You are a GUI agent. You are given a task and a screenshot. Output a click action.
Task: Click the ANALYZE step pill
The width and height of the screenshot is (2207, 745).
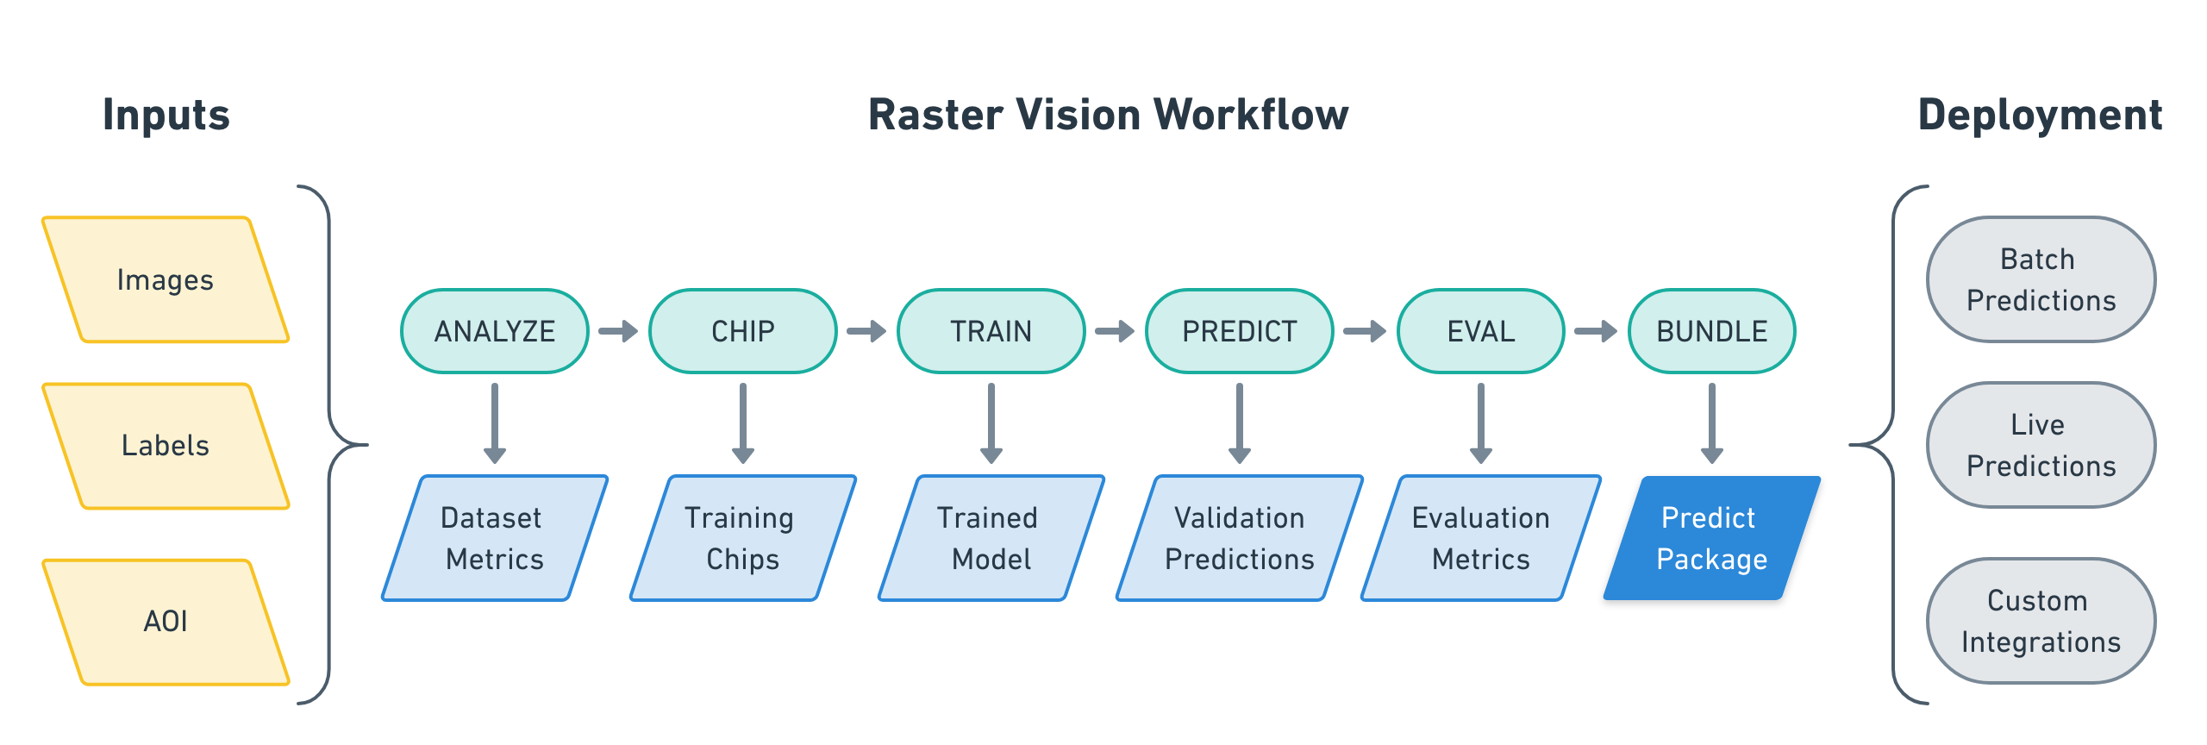pos(495,331)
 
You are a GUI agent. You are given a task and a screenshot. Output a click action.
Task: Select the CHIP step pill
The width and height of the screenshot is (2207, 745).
pos(742,331)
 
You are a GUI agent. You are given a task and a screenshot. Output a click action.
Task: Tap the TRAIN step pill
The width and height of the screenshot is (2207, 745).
pos(991,331)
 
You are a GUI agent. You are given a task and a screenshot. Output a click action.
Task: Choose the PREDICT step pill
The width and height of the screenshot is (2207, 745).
pos(1239,331)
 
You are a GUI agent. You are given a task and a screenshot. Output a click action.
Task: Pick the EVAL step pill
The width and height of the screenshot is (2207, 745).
pos(1480,331)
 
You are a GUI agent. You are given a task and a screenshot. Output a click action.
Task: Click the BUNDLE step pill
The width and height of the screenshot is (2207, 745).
pos(1711,331)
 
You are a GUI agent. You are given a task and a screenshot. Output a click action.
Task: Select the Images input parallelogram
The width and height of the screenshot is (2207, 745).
pos(165,280)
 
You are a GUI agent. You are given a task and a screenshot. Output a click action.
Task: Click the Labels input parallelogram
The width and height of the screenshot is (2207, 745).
pos(165,446)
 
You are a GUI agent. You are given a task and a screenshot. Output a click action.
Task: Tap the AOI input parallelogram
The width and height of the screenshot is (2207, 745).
pos(165,622)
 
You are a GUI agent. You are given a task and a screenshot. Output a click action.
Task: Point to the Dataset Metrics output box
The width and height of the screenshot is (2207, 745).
pos(494,538)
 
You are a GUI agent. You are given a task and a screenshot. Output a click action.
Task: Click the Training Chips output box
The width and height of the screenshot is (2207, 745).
pos(742,538)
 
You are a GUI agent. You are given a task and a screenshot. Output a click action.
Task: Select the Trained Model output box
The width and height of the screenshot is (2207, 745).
pos(991,538)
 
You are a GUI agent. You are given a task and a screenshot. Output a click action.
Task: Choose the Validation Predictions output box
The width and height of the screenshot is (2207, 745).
pos(1239,538)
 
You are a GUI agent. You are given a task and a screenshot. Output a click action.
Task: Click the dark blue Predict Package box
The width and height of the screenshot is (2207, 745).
pos(1711,538)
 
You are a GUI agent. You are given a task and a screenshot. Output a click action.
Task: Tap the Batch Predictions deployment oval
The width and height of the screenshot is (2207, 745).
pos(2041,279)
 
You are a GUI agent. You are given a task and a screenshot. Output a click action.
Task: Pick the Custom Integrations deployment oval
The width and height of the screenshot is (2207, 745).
pos(2041,621)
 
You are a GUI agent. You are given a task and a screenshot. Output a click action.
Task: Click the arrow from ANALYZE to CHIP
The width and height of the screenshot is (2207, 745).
pos(618,331)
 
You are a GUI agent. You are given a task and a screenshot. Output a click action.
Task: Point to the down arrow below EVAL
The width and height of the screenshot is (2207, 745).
pos(1480,423)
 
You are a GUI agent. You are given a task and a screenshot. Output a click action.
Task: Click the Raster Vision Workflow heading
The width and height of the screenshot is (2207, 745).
pos(1108,115)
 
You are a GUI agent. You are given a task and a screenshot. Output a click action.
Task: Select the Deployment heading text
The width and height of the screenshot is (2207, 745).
pos(2040,115)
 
